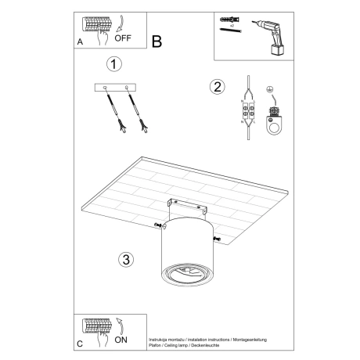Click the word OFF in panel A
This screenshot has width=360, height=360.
pos(124,36)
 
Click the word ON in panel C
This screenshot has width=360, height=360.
pos(122,340)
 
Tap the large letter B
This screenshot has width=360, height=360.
pos(157,41)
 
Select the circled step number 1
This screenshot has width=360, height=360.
pos(114,65)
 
